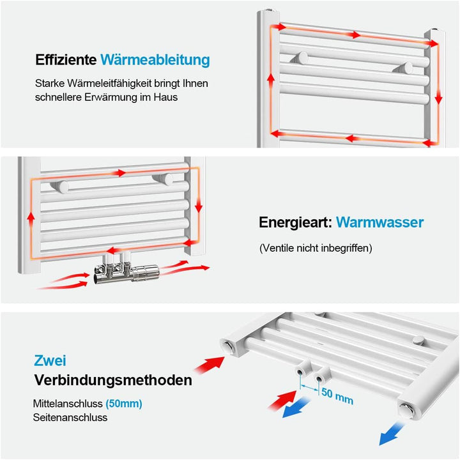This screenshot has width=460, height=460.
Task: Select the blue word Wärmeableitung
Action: (155, 60)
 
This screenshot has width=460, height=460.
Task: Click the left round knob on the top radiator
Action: (301, 59)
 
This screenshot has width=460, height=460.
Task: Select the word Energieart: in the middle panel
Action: (295, 222)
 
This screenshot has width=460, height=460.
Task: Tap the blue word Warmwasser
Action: (379, 222)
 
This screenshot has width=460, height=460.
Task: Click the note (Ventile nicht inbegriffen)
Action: (316, 248)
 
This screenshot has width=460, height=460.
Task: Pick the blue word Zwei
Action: (50, 361)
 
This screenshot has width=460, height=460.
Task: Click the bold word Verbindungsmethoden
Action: (112, 381)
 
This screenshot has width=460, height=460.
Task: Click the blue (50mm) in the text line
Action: (124, 404)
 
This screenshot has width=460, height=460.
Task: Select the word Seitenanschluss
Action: (70, 417)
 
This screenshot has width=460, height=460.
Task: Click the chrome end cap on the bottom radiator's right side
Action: (406, 410)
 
